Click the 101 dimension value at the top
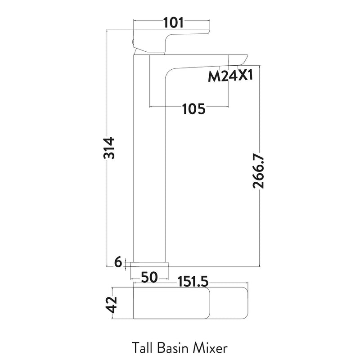pos(172,22)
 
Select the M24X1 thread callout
pos(230,77)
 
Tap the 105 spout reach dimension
pos(193,108)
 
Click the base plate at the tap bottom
pos(150,263)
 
